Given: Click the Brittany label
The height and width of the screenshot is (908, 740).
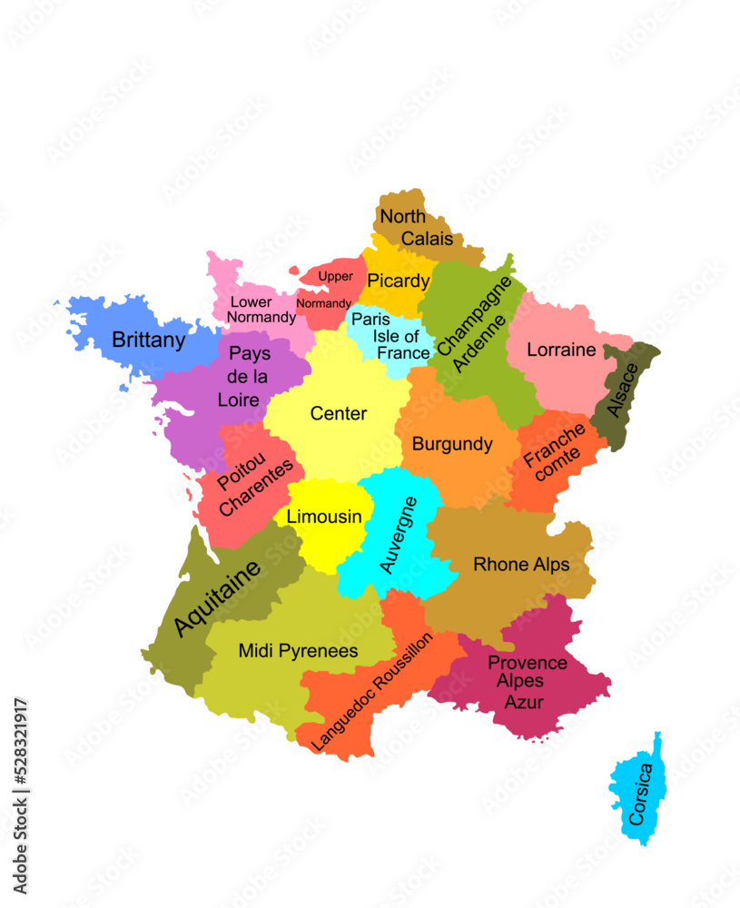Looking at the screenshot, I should click(x=148, y=340).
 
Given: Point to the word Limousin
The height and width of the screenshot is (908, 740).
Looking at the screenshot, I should click(x=324, y=517).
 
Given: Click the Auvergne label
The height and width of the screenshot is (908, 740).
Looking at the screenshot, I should click(x=398, y=535).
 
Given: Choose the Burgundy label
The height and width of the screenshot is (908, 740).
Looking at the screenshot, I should click(x=452, y=444).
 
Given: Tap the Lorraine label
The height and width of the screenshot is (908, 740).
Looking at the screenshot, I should click(x=561, y=350).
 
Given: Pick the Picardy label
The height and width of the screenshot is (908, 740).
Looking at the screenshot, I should click(x=398, y=281).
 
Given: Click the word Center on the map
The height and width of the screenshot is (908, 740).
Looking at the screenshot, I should click(x=339, y=413).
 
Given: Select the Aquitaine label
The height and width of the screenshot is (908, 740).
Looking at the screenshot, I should click(x=217, y=597).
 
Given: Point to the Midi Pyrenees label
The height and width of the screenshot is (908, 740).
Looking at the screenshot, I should click(x=298, y=651).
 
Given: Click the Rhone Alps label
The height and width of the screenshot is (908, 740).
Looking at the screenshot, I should click(x=521, y=565).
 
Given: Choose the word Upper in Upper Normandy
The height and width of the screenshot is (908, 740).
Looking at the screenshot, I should click(x=335, y=276).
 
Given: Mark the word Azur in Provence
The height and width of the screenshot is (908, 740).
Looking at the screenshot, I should click(x=524, y=702).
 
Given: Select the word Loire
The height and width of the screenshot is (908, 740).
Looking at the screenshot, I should click(x=239, y=400).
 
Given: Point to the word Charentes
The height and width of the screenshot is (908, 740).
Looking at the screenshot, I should click(x=257, y=488).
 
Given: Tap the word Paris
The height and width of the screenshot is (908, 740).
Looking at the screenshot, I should click(x=370, y=320).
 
